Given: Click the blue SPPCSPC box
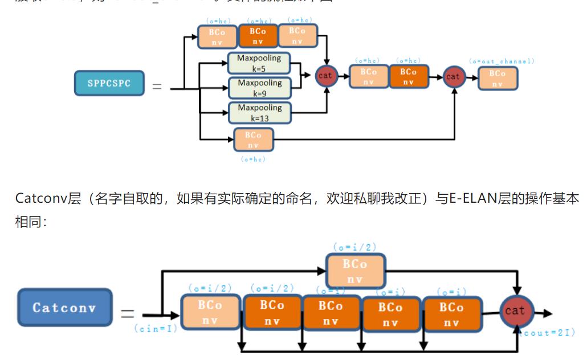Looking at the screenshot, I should pyautogui.click(x=109, y=83).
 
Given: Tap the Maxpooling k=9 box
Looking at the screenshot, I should pyautogui.click(x=259, y=88).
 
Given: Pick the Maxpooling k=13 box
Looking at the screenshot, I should pyautogui.click(x=259, y=113).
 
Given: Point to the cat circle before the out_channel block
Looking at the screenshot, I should pyautogui.click(x=453, y=76).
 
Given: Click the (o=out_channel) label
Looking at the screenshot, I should pyautogui.click(x=502, y=61).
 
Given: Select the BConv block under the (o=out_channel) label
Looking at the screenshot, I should pyautogui.click(x=498, y=78).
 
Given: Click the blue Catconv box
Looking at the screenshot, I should pyautogui.click(x=64, y=308).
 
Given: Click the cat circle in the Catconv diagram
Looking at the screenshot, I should pyautogui.click(x=515, y=311).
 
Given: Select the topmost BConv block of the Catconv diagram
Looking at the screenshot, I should pyautogui.click(x=355, y=271).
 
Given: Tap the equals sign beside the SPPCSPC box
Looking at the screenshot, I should pyautogui.click(x=156, y=87).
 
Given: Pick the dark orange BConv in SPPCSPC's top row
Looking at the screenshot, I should pyautogui.click(x=258, y=36).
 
